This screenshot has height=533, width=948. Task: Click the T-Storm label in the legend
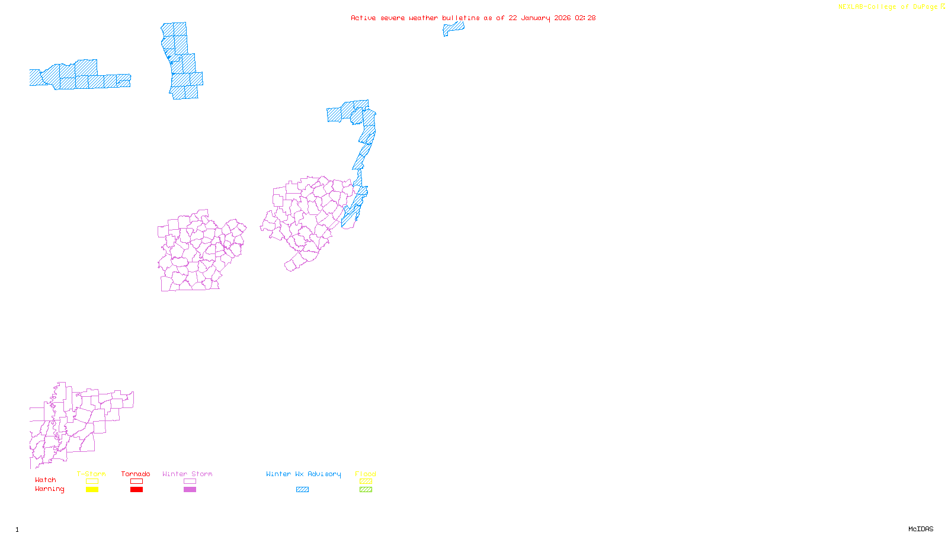click(91, 474)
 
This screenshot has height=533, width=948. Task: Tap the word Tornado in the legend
click(136, 474)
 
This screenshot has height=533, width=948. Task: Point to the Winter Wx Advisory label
click(303, 474)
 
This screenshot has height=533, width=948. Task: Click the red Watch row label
click(46, 480)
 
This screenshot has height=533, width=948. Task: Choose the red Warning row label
click(49, 489)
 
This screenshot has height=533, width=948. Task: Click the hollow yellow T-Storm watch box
click(92, 481)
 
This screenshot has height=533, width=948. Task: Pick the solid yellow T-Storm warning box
click(92, 490)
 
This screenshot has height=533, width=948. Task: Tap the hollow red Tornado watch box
click(136, 481)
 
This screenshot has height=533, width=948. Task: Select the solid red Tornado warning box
click(136, 490)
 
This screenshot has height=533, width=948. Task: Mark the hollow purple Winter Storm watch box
click(190, 481)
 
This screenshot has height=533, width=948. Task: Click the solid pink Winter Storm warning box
click(190, 490)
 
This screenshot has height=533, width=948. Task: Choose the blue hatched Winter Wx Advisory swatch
click(302, 490)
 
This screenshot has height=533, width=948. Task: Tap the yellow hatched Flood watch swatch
click(366, 481)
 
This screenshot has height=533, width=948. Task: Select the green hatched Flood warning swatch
click(366, 490)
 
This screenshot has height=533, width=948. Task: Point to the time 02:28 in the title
click(585, 18)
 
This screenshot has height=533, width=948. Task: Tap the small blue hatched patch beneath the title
click(454, 27)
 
